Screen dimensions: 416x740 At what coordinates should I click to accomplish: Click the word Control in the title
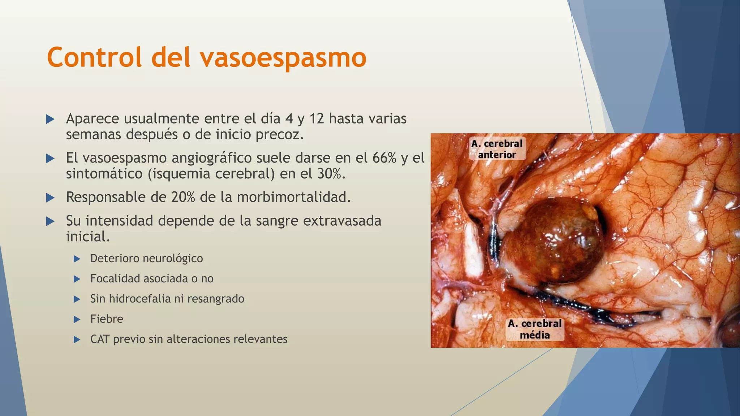(x=94, y=57)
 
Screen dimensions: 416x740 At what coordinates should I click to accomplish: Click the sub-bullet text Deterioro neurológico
(x=146, y=259)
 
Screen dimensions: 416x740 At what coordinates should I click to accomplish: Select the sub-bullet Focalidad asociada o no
(x=152, y=279)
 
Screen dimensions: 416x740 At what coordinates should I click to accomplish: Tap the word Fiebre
(x=107, y=319)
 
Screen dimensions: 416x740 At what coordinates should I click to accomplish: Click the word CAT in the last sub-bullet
(x=100, y=339)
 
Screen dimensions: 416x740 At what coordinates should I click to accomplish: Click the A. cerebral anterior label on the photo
(x=497, y=149)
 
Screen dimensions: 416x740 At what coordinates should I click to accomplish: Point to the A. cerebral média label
(x=535, y=329)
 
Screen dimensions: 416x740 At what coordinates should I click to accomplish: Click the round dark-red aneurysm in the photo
(x=551, y=240)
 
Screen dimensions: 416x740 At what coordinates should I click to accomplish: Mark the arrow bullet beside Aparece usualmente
(x=51, y=119)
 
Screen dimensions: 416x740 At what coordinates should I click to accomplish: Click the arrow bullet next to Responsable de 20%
(x=51, y=198)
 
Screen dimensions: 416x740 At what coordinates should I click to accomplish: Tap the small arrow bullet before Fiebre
(x=77, y=319)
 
